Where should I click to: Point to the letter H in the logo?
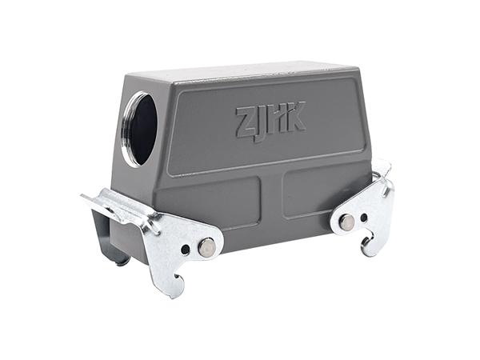click(x=274, y=118)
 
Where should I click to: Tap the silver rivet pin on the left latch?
click(x=206, y=246)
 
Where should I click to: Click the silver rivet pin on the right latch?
click(x=347, y=221)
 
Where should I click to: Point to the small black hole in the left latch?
click(x=186, y=248)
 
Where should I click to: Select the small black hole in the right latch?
click(x=364, y=218)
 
